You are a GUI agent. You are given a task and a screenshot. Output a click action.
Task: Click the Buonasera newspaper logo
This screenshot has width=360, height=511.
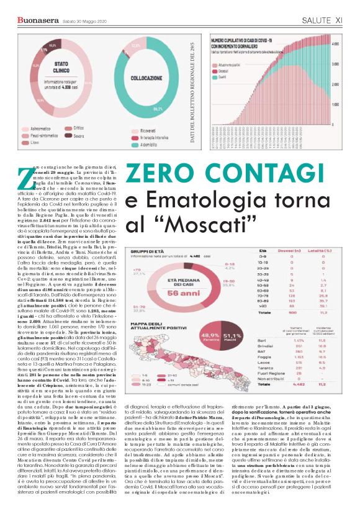(x=34, y=20)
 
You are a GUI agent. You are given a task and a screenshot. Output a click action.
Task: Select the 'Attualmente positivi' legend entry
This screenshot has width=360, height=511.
(x=230, y=65)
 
